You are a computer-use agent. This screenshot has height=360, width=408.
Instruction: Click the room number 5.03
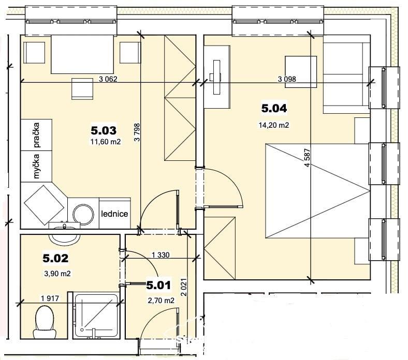click(104, 130)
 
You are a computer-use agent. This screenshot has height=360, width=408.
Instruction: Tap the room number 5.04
click(274, 108)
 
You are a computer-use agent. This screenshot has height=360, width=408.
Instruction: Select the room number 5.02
click(55, 258)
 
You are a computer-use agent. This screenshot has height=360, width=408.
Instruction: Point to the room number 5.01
click(158, 285)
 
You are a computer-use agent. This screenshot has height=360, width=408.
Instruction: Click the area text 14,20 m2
click(274, 125)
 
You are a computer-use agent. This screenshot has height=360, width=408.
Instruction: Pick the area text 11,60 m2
click(106, 142)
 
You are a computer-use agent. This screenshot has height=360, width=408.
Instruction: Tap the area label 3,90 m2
click(57, 274)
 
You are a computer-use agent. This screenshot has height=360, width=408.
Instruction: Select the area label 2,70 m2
click(161, 301)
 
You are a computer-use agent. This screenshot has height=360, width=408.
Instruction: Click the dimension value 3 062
click(108, 79)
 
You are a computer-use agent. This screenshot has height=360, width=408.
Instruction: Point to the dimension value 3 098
click(287, 79)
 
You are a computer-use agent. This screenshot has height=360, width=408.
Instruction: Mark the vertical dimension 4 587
click(308, 158)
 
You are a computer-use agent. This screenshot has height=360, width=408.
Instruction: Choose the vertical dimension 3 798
click(137, 132)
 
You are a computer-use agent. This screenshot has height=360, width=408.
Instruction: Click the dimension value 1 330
click(161, 254)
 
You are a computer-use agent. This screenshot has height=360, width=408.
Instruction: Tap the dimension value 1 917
click(50, 298)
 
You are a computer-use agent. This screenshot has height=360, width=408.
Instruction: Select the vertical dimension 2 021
click(184, 287)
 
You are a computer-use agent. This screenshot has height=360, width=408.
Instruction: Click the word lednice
click(114, 214)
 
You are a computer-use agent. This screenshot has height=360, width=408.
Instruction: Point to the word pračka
click(36, 135)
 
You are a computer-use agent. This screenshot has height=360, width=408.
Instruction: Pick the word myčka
click(36, 167)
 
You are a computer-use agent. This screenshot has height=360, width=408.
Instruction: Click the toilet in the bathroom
click(45, 322)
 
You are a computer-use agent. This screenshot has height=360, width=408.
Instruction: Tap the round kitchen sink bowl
click(83, 215)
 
